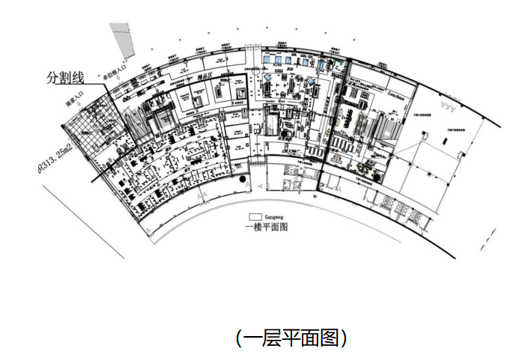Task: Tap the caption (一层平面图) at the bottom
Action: (291, 338)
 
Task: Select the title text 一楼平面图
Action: (267, 226)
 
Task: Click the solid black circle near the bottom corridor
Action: (242, 180)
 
